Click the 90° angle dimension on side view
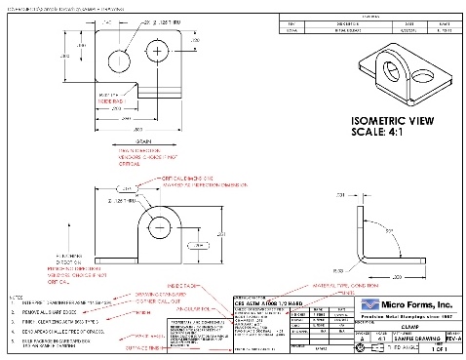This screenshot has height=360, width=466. pyautogui.click(x=391, y=230)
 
